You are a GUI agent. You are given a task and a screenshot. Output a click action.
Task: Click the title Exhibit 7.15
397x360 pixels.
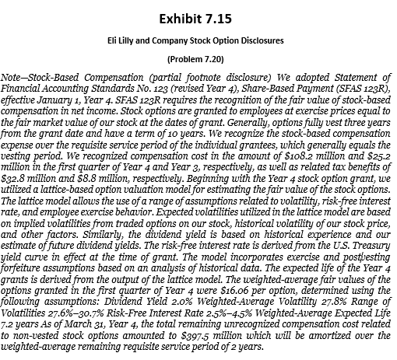pyautogui.click(x=198, y=16)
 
